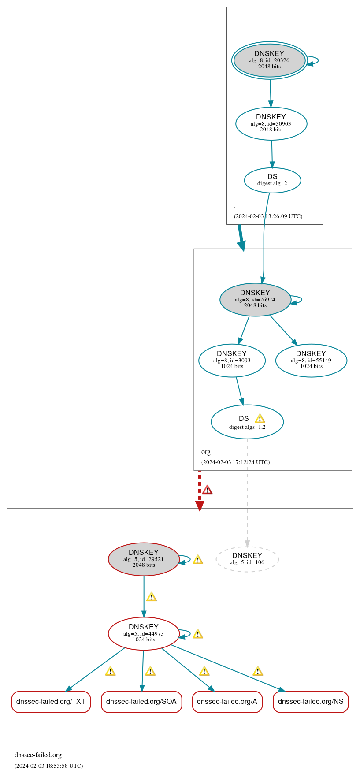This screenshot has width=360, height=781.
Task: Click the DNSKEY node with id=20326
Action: pyautogui.click(x=269, y=60)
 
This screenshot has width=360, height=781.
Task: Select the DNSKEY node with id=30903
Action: pyautogui.click(x=271, y=123)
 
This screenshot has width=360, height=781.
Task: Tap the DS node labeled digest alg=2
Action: pyautogui.click(x=272, y=180)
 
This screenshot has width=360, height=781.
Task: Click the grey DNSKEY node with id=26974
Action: pyautogui.click(x=255, y=299)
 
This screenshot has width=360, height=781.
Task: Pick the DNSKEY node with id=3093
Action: pyautogui.click(x=232, y=360)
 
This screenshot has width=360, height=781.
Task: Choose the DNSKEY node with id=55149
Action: pyautogui.click(x=311, y=360)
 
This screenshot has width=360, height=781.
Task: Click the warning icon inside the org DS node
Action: pyautogui.click(x=260, y=419)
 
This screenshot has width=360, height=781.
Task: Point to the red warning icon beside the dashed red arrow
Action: pyautogui.click(x=207, y=490)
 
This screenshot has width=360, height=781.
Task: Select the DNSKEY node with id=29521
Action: pyautogui.click(x=144, y=559)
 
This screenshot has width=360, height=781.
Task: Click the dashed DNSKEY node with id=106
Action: pyautogui.click(x=247, y=559)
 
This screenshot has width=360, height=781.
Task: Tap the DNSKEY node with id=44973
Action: pyautogui.click(x=144, y=633)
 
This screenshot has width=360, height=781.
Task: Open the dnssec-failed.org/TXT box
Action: pyautogui.click(x=51, y=701)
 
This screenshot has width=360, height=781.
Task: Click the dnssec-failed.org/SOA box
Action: pyautogui.click(x=141, y=701)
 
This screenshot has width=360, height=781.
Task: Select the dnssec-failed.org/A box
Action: pyautogui.click(x=227, y=701)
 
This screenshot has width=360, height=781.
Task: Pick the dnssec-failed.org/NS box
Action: pyautogui.click(x=311, y=701)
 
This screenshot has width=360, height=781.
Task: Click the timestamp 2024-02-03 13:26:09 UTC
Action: pyautogui.click(x=268, y=216)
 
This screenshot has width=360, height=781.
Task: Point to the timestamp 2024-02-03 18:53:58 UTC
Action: pyautogui.click(x=48, y=766)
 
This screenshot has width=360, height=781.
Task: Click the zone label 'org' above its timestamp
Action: pyautogui.click(x=206, y=452)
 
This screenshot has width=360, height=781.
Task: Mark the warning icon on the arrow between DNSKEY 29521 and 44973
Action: pyautogui.click(x=152, y=597)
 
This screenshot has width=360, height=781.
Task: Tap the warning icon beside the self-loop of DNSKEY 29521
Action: pyautogui.click(x=198, y=560)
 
